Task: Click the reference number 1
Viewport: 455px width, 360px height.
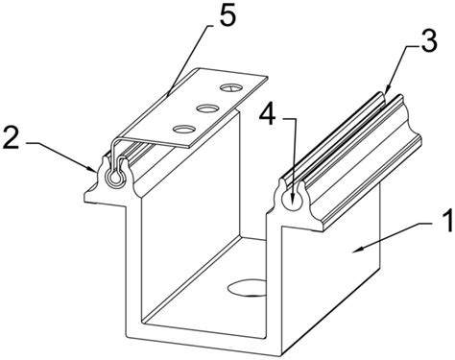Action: [x=446, y=221]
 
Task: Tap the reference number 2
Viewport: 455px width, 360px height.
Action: [x=12, y=137]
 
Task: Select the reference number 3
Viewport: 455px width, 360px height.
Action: [x=428, y=41]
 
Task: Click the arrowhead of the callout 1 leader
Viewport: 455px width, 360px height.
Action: [x=357, y=250]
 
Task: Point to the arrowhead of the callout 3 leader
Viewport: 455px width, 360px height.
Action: [x=387, y=90]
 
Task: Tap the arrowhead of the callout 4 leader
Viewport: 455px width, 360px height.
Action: [x=293, y=204]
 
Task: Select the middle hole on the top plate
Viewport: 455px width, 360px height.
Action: [x=207, y=108]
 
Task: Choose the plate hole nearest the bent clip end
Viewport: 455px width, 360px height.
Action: [x=184, y=129]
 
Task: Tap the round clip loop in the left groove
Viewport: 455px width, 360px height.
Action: [x=115, y=178]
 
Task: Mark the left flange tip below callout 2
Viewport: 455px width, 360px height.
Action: [x=86, y=198]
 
